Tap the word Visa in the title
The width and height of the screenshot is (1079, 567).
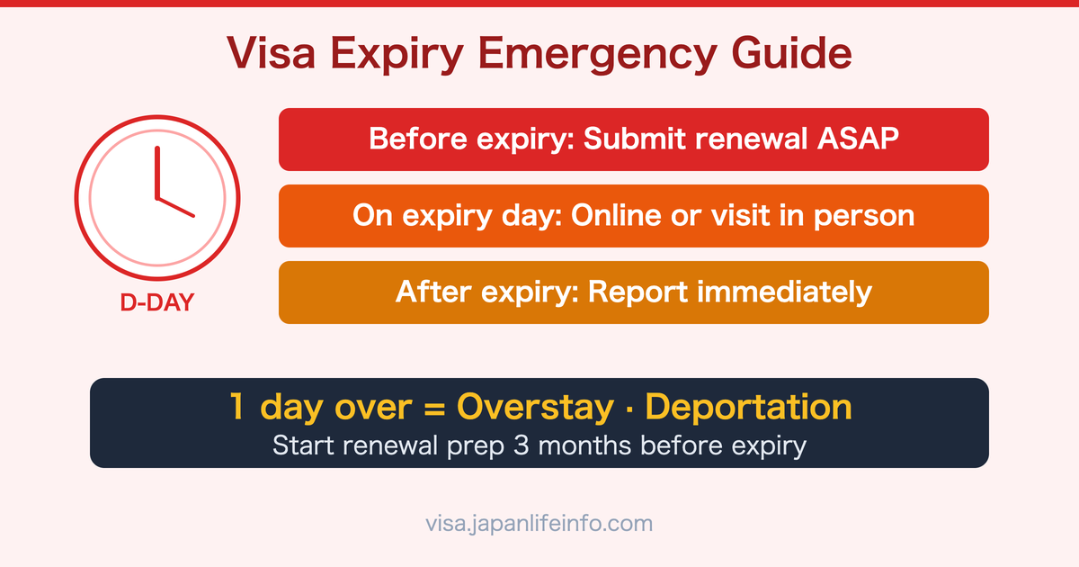pyautogui.click(x=267, y=54)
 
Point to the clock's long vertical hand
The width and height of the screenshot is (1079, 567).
pyautogui.click(x=156, y=171)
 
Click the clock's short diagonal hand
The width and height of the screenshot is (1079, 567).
pyautogui.click(x=175, y=207)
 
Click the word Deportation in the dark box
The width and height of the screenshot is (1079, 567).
pyautogui.click(x=749, y=407)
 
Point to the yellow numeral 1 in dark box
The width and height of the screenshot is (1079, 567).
pyautogui.click(x=236, y=407)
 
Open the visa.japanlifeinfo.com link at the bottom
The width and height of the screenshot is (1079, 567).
pyautogui.click(x=539, y=523)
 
